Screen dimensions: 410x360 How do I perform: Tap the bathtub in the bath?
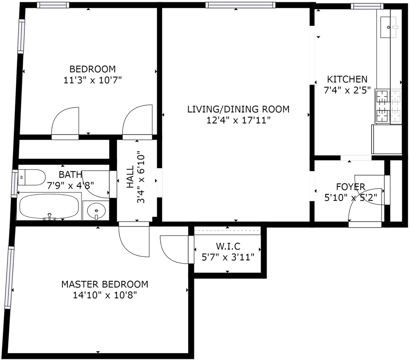[x=49, y=206]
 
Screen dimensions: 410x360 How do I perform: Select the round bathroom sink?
[x=96, y=210]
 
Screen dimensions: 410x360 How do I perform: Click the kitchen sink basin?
[x=388, y=27]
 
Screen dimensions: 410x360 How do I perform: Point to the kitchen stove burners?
[x=388, y=106]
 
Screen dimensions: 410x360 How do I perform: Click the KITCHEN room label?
[x=347, y=79]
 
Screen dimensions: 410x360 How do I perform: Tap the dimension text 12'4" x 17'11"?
[x=238, y=120]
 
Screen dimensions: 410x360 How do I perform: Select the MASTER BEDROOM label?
[x=105, y=284]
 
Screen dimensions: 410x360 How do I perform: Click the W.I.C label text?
[x=228, y=246]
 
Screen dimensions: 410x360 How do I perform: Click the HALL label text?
[x=130, y=177]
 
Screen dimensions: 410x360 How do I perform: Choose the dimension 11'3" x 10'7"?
[x=92, y=80]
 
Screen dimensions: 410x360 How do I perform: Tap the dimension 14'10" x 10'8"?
[x=105, y=295]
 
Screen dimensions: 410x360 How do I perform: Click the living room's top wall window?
[x=240, y=5]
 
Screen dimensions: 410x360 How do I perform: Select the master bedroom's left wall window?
[x=9, y=278]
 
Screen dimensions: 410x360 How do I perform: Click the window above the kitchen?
[x=367, y=6]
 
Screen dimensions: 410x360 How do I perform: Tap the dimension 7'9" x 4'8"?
[x=70, y=186]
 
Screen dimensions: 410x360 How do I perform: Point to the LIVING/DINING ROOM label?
[x=238, y=109]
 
